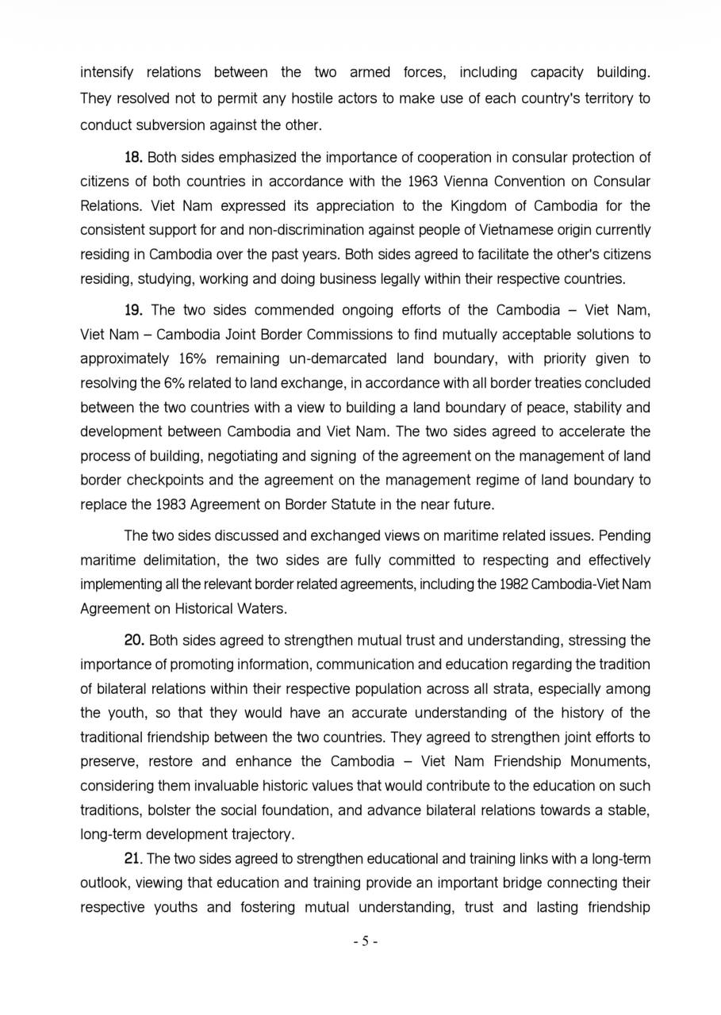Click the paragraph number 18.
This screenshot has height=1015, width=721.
pos(133,157)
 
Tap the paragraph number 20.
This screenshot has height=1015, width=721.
pos(133,640)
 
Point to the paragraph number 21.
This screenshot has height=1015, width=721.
pos(133,859)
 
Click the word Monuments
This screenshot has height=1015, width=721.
pos(611,761)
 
